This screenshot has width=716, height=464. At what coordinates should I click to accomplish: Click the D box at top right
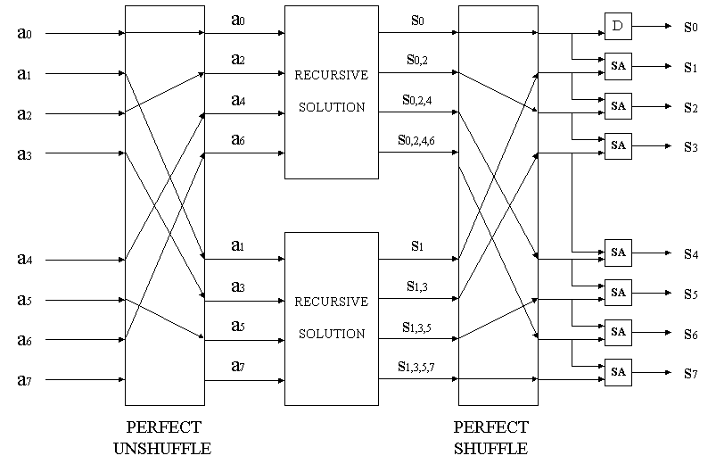tap(617, 27)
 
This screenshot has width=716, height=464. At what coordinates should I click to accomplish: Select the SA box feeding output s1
tap(617, 66)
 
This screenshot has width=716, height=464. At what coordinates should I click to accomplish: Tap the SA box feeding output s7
tap(617, 369)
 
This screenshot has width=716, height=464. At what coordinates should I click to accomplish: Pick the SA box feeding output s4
tap(617, 253)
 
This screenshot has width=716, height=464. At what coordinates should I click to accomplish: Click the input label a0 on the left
tap(24, 34)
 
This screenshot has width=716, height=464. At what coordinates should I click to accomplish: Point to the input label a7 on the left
tap(24, 380)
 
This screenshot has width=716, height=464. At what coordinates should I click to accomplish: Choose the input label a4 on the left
tap(24, 261)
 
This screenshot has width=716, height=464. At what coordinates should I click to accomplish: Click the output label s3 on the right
tap(690, 145)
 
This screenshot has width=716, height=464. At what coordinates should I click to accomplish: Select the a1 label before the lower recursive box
tap(238, 244)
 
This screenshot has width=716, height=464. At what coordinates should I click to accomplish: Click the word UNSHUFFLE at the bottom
tap(162, 447)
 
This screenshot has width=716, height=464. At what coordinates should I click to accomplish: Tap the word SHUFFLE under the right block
tap(491, 447)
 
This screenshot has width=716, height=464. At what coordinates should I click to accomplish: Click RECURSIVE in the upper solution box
tap(331, 75)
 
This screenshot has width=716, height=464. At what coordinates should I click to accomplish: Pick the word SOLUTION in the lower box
tap(331, 334)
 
